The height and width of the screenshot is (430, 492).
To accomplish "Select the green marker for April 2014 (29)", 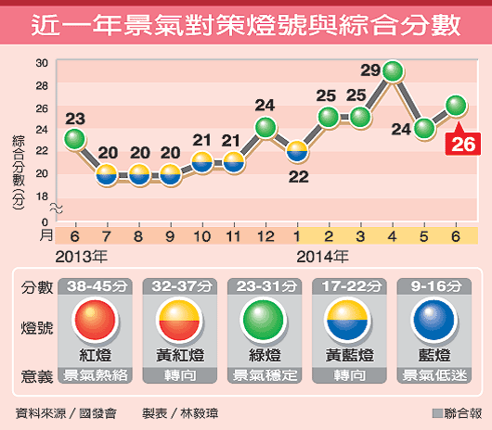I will click(x=393, y=70).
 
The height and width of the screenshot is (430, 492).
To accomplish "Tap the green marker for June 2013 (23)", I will click(x=75, y=139).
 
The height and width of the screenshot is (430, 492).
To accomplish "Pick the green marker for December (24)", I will click(x=265, y=127).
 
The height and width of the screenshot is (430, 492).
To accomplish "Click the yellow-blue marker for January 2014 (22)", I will click(x=297, y=149).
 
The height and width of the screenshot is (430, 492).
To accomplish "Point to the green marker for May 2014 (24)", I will click(x=424, y=128).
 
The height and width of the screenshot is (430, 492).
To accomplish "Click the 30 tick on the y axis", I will click(x=42, y=63).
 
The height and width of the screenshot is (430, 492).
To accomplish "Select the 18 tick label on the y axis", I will click(x=42, y=196).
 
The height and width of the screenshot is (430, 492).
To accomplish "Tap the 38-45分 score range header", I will click(x=90, y=286).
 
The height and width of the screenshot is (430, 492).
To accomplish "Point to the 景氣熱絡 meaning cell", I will click(x=90, y=376).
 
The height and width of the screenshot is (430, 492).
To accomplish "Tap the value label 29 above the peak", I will click(x=369, y=70).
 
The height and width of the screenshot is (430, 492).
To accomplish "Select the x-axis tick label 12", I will click(x=265, y=236).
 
